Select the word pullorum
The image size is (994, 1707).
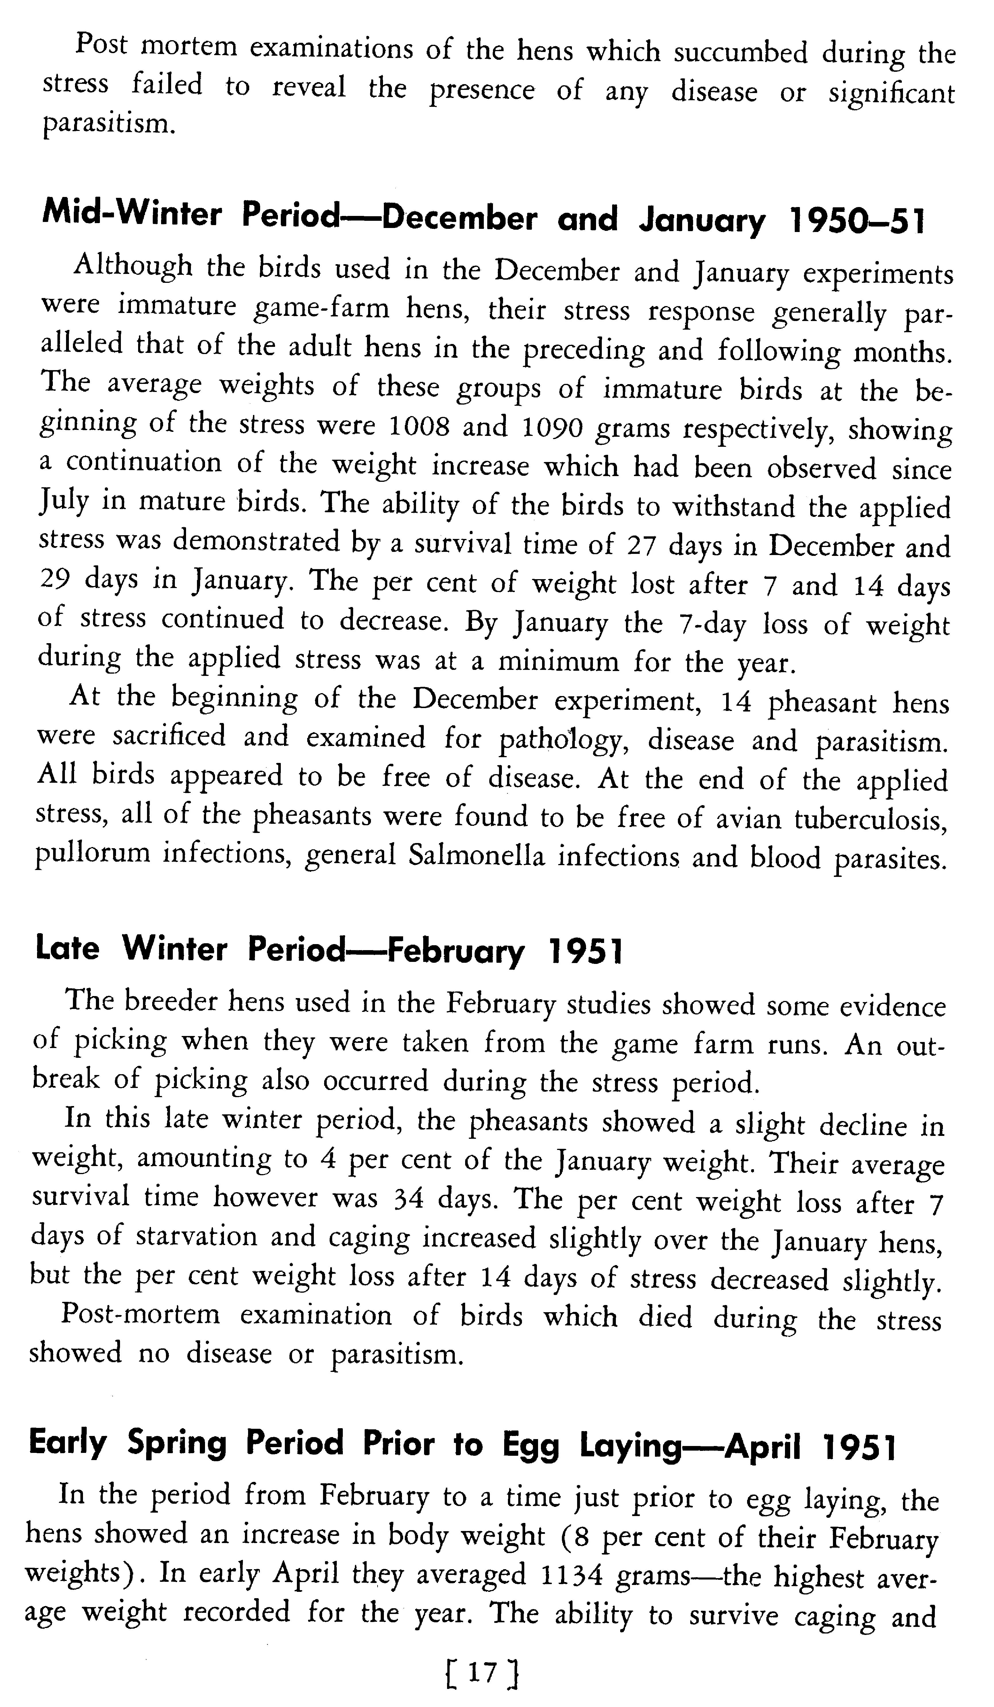coord(92,853)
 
